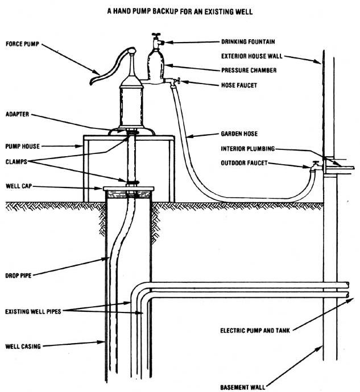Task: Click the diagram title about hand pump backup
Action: [180, 10]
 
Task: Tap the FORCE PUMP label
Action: [23, 43]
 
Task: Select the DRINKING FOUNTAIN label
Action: [248, 41]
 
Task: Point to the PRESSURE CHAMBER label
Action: [248, 70]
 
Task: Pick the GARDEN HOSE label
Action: [239, 135]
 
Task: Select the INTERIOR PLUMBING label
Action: [248, 149]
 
